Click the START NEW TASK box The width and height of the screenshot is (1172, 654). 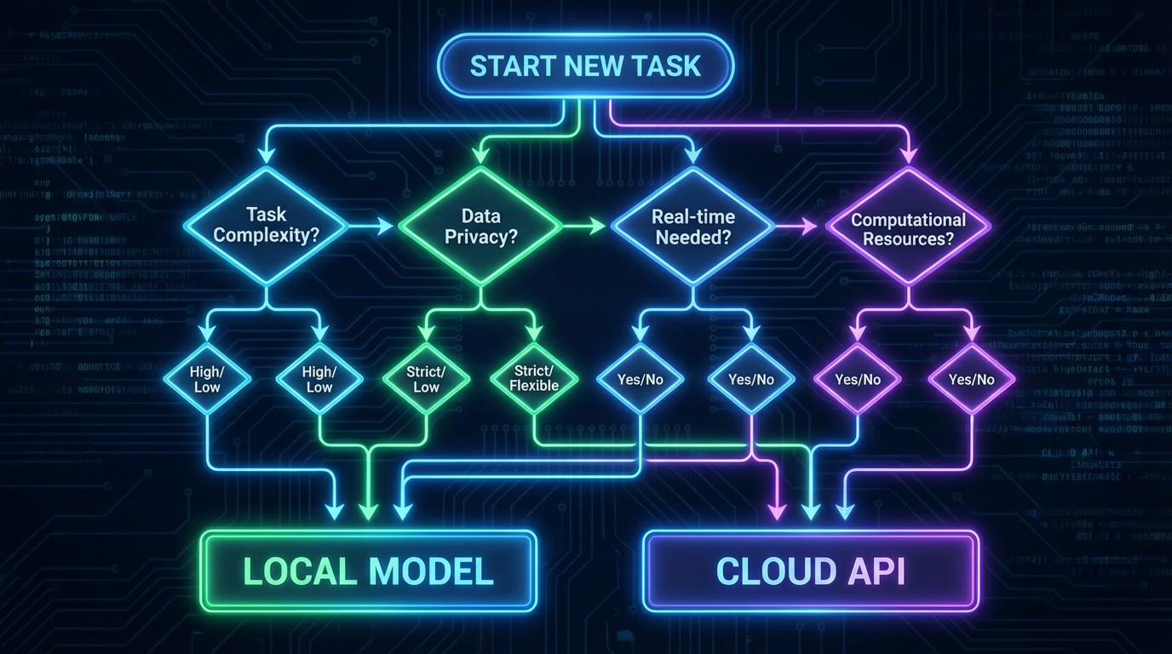tap(585, 66)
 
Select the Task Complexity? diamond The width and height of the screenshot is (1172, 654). tap(266, 226)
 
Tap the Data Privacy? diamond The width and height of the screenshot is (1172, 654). tap(481, 226)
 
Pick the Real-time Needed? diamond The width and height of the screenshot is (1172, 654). tap(692, 226)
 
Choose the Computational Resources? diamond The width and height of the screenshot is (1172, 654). tap(908, 227)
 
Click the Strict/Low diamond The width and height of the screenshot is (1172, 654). tap(426, 379)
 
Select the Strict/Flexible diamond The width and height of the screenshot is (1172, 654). tap(534, 378)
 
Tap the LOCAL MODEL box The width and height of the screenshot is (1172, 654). tap(368, 571)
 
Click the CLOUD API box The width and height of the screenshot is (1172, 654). tap(811, 571)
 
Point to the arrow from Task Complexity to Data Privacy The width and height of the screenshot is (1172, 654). tap(371, 226)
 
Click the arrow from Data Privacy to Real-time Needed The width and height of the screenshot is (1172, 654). tap(586, 226)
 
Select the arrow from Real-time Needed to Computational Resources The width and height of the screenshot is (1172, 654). tap(799, 226)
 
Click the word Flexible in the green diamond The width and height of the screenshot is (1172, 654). tap(534, 386)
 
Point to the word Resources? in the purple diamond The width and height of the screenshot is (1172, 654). tap(908, 238)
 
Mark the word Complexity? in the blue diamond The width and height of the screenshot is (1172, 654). tap(266, 235)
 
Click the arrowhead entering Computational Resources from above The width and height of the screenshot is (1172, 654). tap(909, 155)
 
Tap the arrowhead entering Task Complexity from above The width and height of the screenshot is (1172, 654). tap(266, 155)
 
